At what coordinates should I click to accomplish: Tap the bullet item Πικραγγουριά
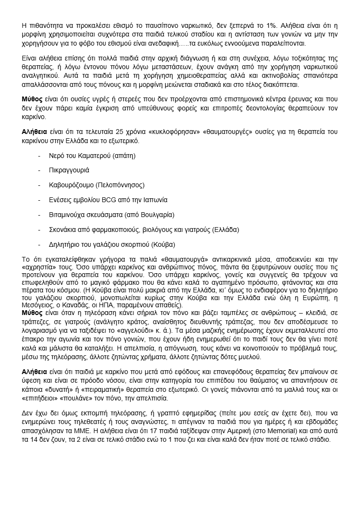click(70, 170)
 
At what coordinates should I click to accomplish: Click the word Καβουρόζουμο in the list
click(71, 184)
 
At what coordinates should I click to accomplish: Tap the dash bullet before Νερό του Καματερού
click(39, 156)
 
